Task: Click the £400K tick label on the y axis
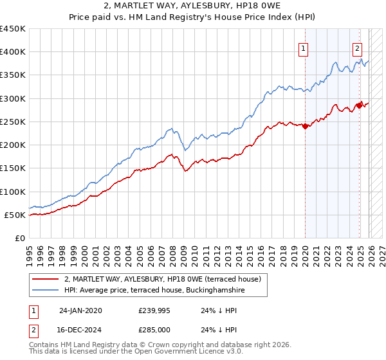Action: [13, 52]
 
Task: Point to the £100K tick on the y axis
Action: [13, 192]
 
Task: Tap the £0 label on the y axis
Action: [19, 238]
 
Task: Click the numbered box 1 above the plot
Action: [302, 47]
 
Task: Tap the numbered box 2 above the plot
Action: [357, 47]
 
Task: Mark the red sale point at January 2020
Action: [305, 126]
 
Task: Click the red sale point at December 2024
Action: [360, 105]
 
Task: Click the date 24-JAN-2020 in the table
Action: [80, 310]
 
